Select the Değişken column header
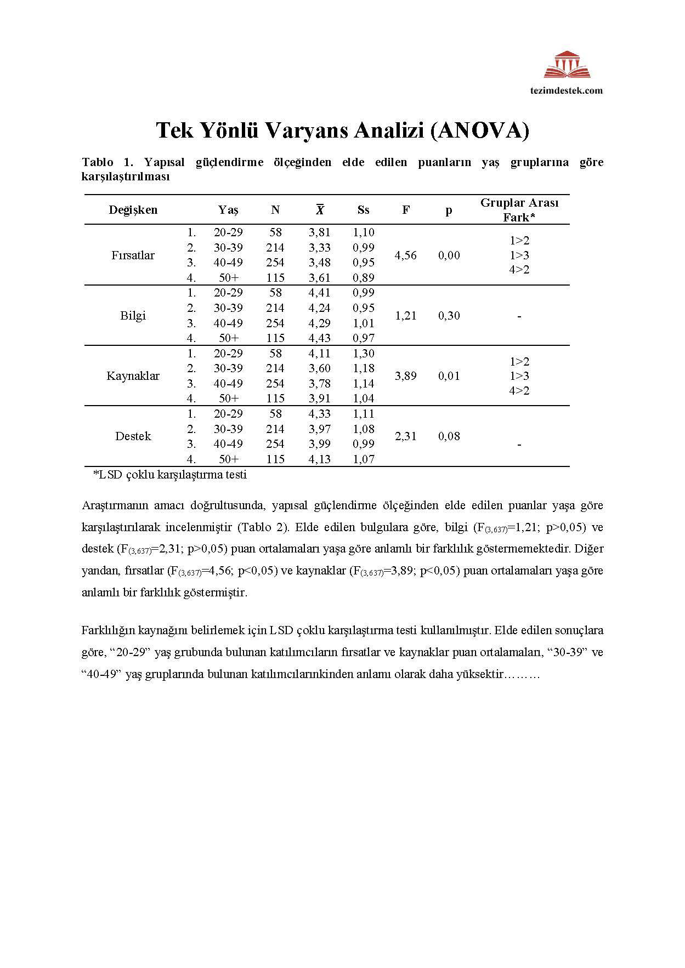[x=133, y=210]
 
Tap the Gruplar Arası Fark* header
[x=519, y=210]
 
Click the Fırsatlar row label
[x=133, y=255]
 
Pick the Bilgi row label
[x=133, y=316]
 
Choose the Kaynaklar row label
[x=133, y=376]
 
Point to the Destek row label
[x=133, y=436]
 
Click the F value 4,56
[x=406, y=255]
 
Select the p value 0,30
[x=449, y=316]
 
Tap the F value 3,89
[x=406, y=376]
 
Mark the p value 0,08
[x=449, y=436]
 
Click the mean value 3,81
[x=320, y=232]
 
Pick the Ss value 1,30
[x=364, y=354]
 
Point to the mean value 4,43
[x=320, y=338]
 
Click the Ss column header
[x=364, y=210]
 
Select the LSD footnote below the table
[x=170, y=475]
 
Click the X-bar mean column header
[x=320, y=210]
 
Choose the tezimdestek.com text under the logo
[x=573, y=90]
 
